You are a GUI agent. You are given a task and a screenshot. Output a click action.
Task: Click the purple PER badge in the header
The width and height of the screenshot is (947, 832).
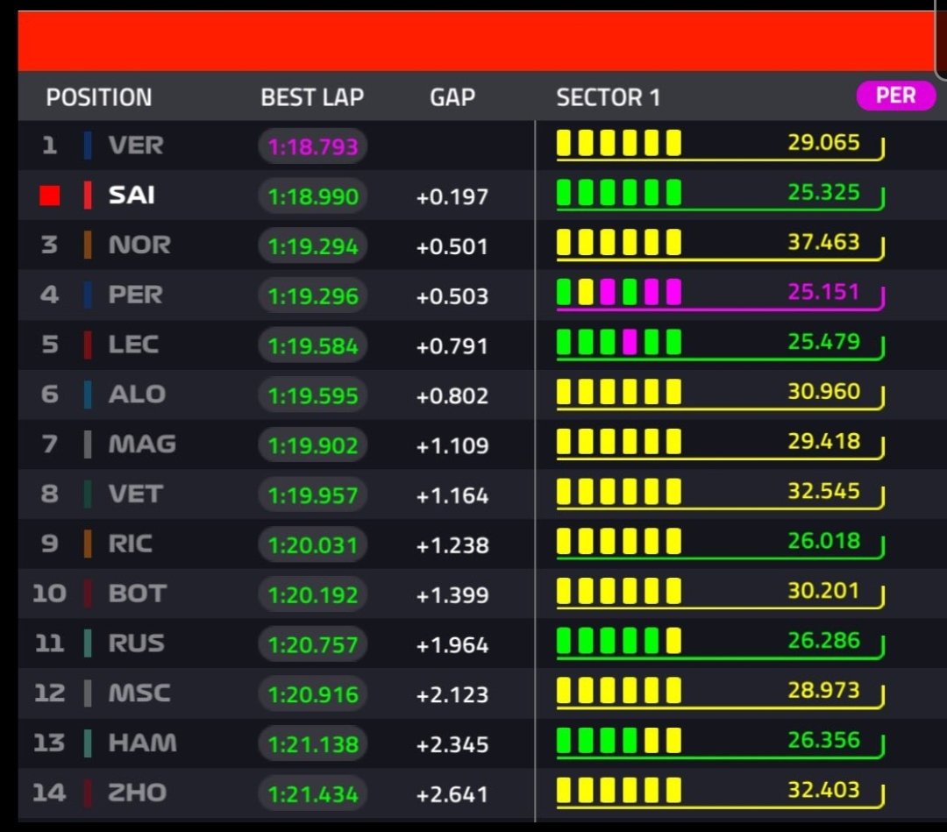pos(894,96)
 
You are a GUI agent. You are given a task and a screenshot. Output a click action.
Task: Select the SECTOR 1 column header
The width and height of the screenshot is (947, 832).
pos(608,97)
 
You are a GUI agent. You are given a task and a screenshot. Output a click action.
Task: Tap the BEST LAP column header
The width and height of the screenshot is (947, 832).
pos(312,97)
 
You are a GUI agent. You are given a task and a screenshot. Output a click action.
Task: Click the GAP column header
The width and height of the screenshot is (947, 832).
pos(452,97)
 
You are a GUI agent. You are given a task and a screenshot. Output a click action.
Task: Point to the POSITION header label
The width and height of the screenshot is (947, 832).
pos(99,97)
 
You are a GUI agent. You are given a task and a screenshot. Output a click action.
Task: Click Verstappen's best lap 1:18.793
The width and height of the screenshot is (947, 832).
pos(313,146)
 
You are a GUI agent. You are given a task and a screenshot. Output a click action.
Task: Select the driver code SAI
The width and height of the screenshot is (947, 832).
pos(132,196)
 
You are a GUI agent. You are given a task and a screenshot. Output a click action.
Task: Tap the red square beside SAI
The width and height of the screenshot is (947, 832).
pos(50,196)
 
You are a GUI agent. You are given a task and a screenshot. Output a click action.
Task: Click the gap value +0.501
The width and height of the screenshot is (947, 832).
pos(452,246)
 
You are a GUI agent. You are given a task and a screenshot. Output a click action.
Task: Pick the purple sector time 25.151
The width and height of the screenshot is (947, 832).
pos(823,291)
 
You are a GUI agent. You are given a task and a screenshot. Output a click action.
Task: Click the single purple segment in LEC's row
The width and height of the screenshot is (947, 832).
pos(629,342)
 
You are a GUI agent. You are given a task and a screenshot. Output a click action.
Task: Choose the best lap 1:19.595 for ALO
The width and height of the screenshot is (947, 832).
pos(313,395)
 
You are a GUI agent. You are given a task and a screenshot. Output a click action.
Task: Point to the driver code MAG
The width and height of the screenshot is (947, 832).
pos(142,444)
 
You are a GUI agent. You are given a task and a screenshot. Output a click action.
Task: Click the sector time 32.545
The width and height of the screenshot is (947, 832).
pos(823,491)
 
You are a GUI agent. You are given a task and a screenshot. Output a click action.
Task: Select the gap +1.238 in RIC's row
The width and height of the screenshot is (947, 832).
pos(452,545)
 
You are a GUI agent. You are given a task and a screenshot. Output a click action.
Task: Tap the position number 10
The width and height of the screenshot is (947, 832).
pos(49,594)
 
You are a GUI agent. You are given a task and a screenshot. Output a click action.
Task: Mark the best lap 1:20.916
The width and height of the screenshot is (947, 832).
pos(313,694)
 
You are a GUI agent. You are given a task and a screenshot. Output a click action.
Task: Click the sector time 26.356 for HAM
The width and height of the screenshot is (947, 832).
pos(823,740)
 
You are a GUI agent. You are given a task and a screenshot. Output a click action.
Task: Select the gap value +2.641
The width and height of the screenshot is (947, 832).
pos(452,795)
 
